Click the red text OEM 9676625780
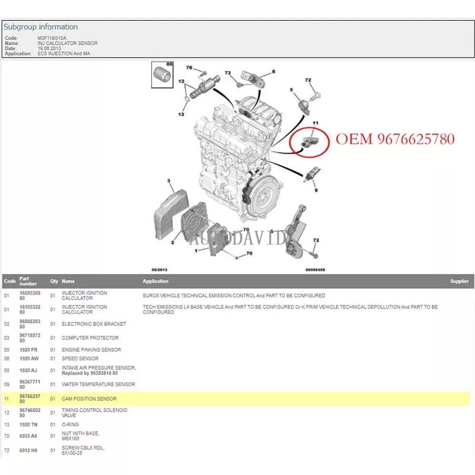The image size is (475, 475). (x=395, y=139)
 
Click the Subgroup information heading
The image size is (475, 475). (x=41, y=27)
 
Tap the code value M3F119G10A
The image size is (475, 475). (x=52, y=38)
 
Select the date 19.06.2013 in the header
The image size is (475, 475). (x=49, y=48)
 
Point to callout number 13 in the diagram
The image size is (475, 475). (x=181, y=114)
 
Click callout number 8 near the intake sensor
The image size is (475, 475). (x=274, y=72)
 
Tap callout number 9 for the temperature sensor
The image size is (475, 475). (x=316, y=190)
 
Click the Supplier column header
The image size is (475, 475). (x=459, y=281)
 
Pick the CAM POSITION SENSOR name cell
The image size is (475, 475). (x=89, y=399)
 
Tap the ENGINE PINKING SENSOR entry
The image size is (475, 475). (x=91, y=350)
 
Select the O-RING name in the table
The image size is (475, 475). (x=70, y=425)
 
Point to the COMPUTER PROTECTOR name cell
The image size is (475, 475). (x=90, y=338)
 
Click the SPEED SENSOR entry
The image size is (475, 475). (x=80, y=359)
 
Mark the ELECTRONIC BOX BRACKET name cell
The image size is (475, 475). (x=94, y=324)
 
